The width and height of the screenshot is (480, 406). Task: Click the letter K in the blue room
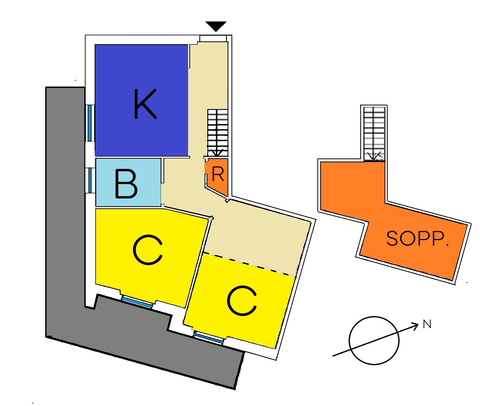[x=145, y=104]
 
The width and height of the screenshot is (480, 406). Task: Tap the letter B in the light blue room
[x=126, y=184]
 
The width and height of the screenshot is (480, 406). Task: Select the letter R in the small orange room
[x=218, y=174]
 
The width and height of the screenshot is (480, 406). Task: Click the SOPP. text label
[x=417, y=238]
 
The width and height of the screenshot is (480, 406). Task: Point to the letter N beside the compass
[x=427, y=324]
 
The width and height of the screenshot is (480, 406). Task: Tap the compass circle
[x=374, y=340]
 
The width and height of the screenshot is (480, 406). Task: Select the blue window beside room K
[x=89, y=123]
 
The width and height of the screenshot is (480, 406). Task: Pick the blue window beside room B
[x=90, y=180]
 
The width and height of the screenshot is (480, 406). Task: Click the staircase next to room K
[x=218, y=132]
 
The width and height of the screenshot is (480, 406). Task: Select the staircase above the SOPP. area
[x=374, y=133]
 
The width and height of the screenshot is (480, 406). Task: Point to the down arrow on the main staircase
[x=217, y=152]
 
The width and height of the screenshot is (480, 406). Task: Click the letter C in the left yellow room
[x=148, y=250]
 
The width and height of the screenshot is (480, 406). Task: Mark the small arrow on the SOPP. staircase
[x=374, y=156]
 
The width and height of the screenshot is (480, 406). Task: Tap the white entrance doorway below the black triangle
[x=213, y=38]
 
